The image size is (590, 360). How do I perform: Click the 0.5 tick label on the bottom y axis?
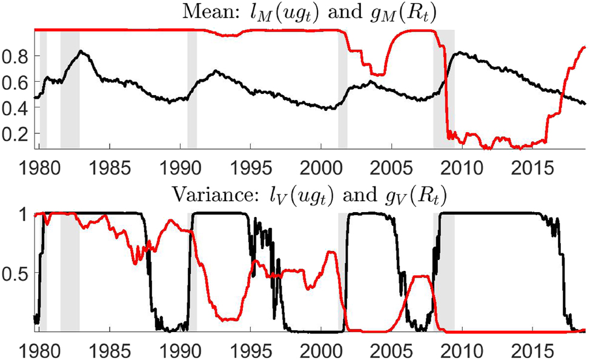(x=16, y=273)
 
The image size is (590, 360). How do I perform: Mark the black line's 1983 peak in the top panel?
(x=81, y=52)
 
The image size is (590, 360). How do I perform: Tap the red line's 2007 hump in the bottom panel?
(x=422, y=277)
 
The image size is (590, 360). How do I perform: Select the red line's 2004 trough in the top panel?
(x=378, y=75)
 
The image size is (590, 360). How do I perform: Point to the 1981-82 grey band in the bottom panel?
(x=70, y=273)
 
